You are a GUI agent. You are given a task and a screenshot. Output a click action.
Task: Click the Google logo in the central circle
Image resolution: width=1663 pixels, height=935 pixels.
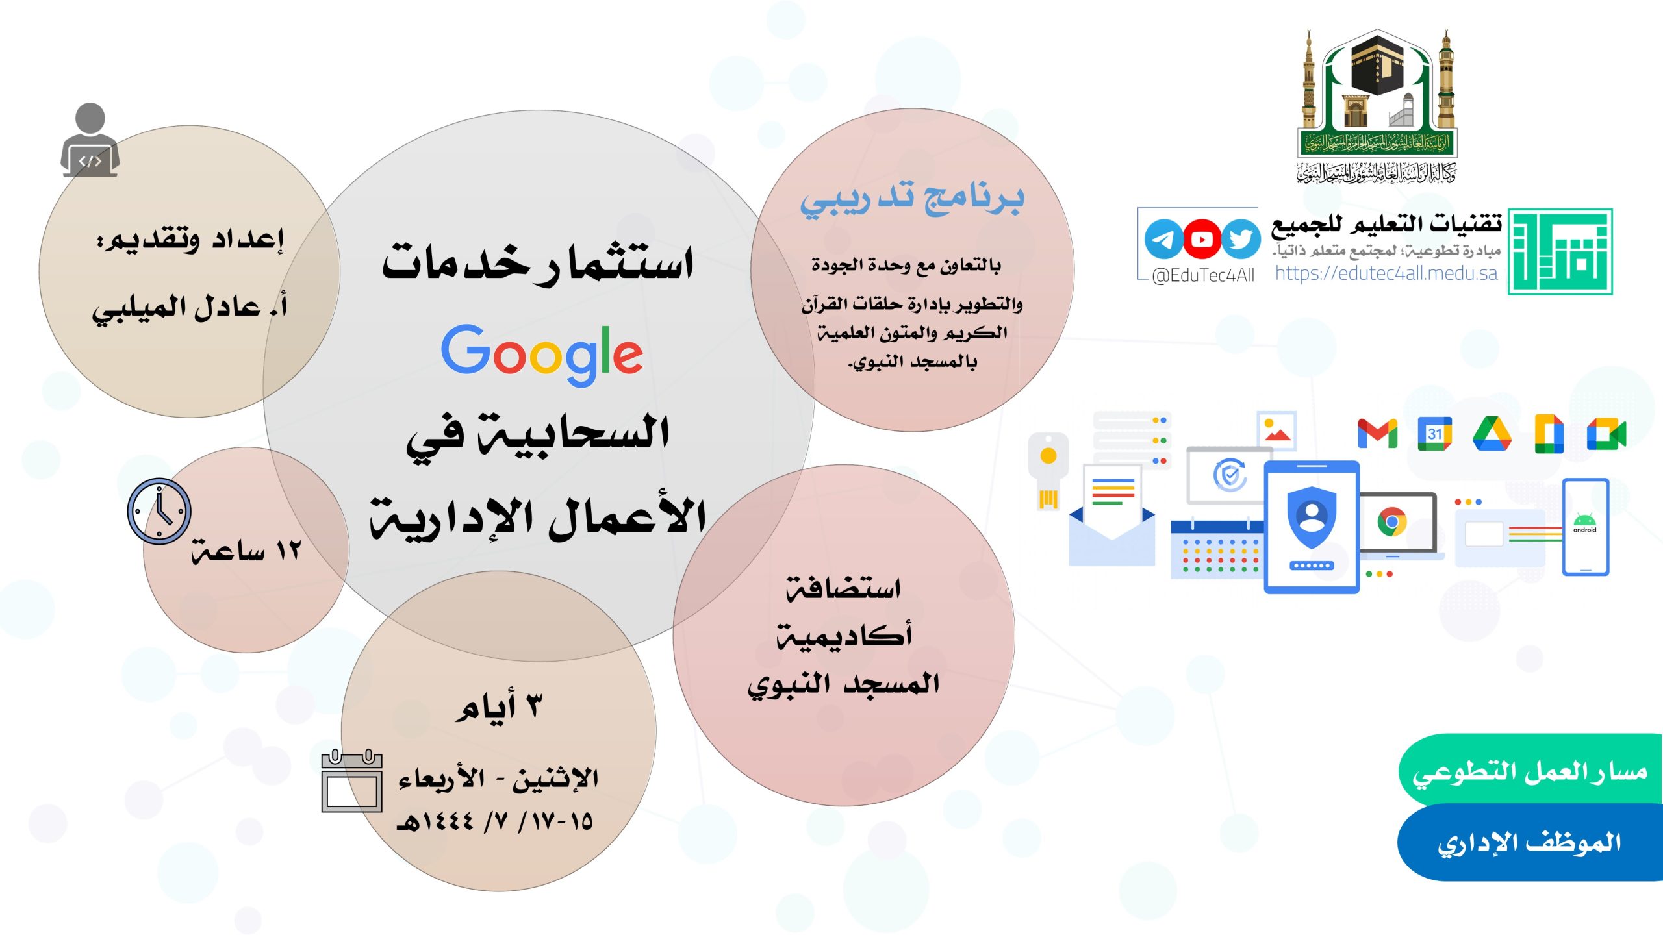coord(542,354)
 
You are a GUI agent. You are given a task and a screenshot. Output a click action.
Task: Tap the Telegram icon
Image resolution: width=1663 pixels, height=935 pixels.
coord(1163,240)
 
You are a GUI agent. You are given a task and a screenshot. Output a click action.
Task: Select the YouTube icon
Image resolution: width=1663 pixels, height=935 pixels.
coord(1201,240)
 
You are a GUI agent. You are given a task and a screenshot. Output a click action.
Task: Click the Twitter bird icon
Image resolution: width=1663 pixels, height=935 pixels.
coord(1241,240)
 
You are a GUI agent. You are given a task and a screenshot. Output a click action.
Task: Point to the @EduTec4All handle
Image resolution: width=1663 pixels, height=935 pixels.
coord(1203,275)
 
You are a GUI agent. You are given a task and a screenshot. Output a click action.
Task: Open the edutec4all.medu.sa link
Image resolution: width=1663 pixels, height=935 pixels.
coord(1386,273)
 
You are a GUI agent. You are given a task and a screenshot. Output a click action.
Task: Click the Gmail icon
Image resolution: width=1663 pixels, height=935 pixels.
coord(1378,434)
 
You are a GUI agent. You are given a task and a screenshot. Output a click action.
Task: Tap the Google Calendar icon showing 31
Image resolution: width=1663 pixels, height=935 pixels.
coord(1434,434)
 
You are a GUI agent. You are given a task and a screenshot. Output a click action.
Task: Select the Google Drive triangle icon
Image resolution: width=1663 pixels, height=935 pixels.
coord(1492,433)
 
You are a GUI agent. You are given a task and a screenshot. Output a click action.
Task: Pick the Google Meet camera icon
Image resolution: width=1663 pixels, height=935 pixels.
coord(1606,434)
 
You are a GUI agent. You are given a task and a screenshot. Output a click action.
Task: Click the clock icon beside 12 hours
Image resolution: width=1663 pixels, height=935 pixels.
coord(159,512)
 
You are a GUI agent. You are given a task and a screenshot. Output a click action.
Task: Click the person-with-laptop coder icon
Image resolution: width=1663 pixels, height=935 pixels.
coord(90,140)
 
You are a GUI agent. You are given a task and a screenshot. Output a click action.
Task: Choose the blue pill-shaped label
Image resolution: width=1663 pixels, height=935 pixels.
coord(1530,843)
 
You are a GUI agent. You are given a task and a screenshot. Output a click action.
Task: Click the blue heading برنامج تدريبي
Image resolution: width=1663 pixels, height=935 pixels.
coord(912,199)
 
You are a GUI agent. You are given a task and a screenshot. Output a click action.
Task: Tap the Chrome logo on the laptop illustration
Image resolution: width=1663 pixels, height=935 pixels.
coord(1391,522)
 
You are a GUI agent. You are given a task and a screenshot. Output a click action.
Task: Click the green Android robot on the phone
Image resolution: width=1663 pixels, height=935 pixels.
coord(1584,519)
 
